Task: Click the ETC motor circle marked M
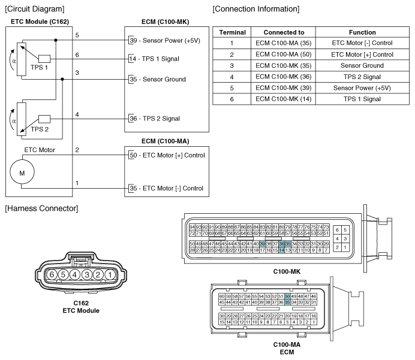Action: (x=22, y=172)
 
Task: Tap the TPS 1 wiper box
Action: (x=44, y=59)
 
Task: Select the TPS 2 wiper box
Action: (x=44, y=119)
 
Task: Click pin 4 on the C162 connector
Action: (x=75, y=274)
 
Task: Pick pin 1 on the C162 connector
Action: (x=110, y=274)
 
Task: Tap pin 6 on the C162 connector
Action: (x=52, y=274)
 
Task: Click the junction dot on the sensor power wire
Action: (x=56, y=40)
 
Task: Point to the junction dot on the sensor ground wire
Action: (x=62, y=79)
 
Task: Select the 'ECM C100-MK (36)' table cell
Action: (x=283, y=77)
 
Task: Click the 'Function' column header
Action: (x=362, y=32)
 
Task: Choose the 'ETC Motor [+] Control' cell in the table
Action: (x=362, y=55)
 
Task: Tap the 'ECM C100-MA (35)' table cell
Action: (x=283, y=43)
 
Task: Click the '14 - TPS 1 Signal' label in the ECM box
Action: (x=154, y=59)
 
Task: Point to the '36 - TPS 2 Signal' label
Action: (x=155, y=119)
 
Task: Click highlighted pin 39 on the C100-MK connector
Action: (x=262, y=244)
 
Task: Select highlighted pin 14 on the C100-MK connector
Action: (x=282, y=250)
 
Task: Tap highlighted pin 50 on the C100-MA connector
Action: (x=287, y=297)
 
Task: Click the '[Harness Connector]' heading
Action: (x=41, y=208)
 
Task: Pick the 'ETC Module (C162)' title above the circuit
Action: (x=40, y=22)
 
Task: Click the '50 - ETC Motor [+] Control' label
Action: (x=167, y=155)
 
